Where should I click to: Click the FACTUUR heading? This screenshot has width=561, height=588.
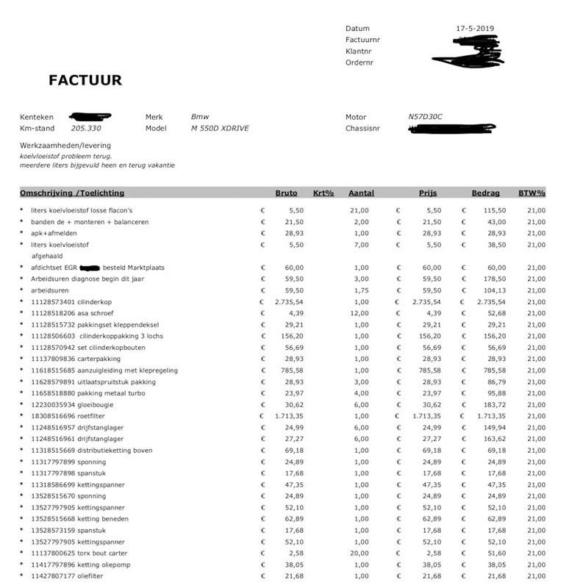[85, 80]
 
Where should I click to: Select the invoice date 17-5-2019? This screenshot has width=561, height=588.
[475, 29]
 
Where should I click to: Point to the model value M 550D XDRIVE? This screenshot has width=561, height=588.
[220, 128]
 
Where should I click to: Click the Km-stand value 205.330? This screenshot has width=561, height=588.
[86, 128]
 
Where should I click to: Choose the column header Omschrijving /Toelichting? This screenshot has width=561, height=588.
[72, 193]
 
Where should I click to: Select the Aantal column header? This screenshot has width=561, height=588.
[361, 193]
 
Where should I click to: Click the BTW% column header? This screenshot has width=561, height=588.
[532, 193]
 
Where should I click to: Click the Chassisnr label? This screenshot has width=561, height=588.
[363, 128]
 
